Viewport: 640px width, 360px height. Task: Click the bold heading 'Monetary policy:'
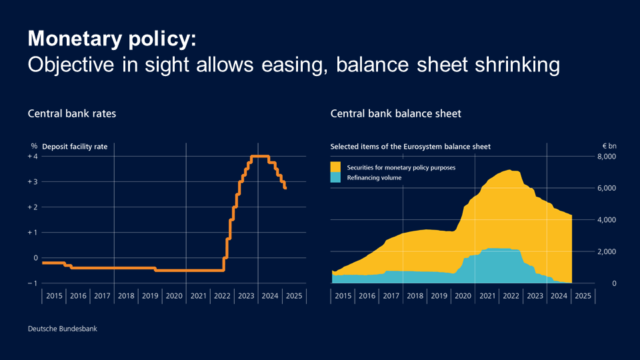click(x=112, y=38)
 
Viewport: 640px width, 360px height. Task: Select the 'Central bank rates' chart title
click(x=71, y=114)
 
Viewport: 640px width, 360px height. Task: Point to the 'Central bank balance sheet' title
click(x=395, y=114)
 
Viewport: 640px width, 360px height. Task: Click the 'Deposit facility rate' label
click(x=75, y=146)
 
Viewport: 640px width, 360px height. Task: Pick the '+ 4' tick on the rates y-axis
click(x=33, y=157)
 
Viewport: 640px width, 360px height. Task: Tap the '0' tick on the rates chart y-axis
click(x=35, y=258)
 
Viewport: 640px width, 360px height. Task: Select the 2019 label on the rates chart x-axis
click(x=150, y=296)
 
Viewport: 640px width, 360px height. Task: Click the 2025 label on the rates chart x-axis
click(x=294, y=296)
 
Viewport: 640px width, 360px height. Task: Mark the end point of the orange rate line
click(x=285, y=188)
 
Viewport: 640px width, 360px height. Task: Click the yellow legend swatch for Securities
click(x=335, y=167)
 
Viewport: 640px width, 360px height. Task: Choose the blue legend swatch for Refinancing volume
click(x=335, y=177)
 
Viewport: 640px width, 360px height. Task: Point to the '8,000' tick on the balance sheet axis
click(x=607, y=157)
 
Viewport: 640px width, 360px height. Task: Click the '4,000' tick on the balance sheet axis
click(x=607, y=220)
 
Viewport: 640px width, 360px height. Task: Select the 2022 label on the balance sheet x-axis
click(x=511, y=296)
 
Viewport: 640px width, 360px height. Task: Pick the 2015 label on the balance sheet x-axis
click(x=343, y=296)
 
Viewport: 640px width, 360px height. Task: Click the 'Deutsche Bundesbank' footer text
click(x=57, y=329)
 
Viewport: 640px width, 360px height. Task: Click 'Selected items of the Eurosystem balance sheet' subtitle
click(x=411, y=146)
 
